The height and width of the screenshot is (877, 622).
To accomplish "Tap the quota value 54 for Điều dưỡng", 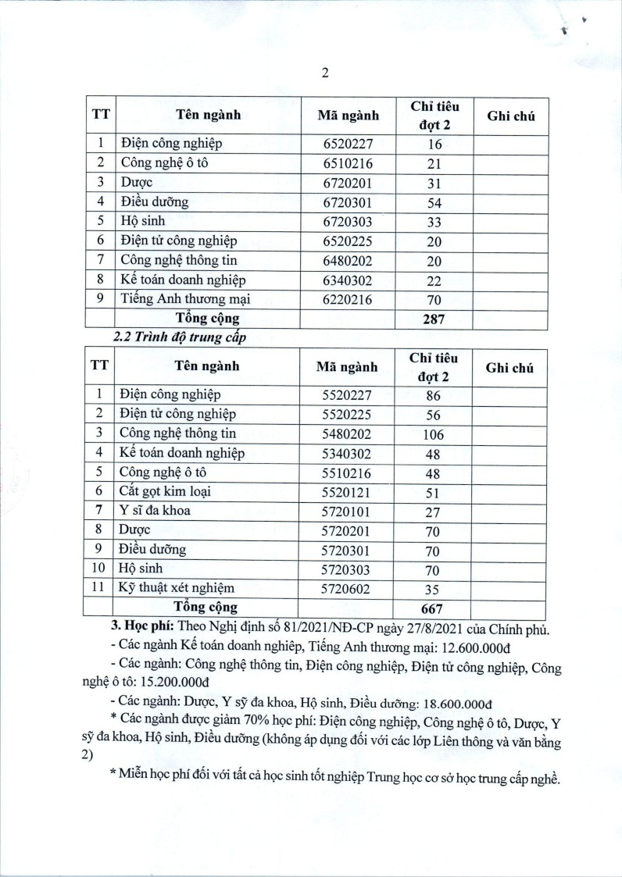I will (x=434, y=202).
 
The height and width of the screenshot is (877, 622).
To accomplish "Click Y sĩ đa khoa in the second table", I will (x=155, y=512).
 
